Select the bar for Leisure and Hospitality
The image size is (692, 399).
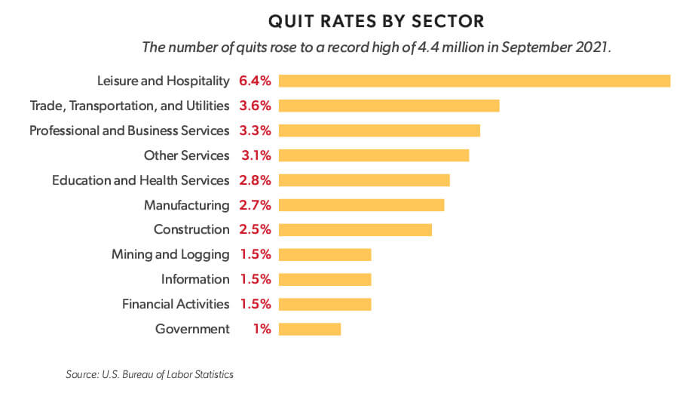pyautogui.click(x=474, y=81)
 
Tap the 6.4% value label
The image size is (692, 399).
pyautogui.click(x=255, y=81)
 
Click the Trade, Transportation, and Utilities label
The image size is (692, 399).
pyautogui.click(x=129, y=106)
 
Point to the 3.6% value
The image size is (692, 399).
pyautogui.click(x=255, y=106)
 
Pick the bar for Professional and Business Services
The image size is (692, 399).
pyautogui.click(x=379, y=130)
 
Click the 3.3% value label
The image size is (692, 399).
pyautogui.click(x=255, y=130)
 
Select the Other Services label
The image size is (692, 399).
pyautogui.click(x=186, y=155)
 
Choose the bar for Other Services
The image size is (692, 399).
pyautogui.click(x=374, y=155)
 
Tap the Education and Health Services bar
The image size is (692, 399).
pyautogui.click(x=364, y=180)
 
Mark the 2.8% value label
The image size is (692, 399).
pyautogui.click(x=255, y=180)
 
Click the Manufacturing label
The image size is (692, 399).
pyautogui.click(x=186, y=205)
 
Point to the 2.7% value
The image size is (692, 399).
pyautogui.click(x=255, y=205)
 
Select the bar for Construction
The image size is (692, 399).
pyautogui.click(x=355, y=229)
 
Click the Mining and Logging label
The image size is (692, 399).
pyautogui.click(x=170, y=254)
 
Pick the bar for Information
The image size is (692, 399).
pyautogui.click(x=325, y=279)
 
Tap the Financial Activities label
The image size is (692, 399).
pyautogui.click(x=176, y=304)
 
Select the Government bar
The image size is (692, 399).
pyautogui.click(x=310, y=329)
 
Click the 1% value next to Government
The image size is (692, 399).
pyautogui.click(x=261, y=329)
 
